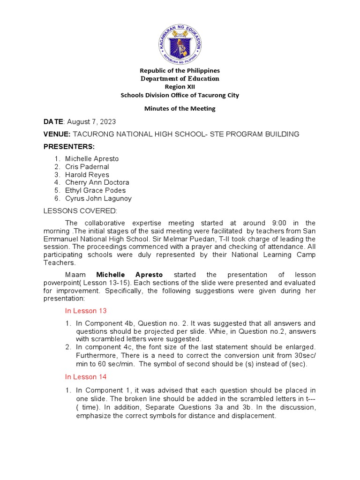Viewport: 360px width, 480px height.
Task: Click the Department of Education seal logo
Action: [180, 44]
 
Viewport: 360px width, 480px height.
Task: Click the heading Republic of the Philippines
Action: [180, 70]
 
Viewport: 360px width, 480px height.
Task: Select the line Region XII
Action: [180, 87]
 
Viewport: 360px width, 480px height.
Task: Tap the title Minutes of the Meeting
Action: [180, 108]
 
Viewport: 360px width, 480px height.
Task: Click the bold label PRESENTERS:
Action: [69, 147]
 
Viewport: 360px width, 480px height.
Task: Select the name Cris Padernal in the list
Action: [87, 167]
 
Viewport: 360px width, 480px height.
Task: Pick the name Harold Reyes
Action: [87, 175]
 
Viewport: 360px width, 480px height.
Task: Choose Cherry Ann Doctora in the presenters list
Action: [97, 182]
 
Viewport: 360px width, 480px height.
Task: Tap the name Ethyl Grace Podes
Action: [95, 190]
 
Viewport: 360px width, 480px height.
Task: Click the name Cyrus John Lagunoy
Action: [98, 198]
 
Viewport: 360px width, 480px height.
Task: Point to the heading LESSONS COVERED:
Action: [81, 211]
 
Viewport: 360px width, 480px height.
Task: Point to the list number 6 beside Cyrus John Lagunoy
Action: [56, 198]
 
